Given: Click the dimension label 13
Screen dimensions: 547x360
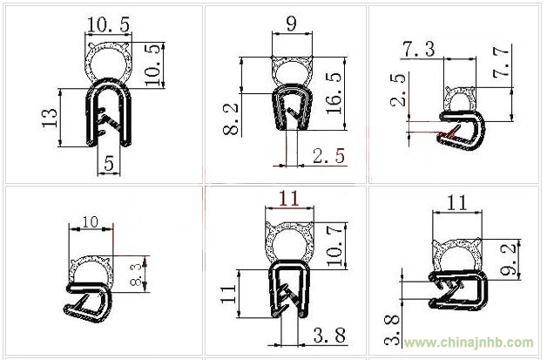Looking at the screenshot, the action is tap(49, 118).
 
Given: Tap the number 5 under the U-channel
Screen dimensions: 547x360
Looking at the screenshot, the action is tap(109, 163).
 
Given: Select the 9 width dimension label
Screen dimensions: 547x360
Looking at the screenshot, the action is tap(291, 23).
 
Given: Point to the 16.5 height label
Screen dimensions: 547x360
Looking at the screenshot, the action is tap(334, 93).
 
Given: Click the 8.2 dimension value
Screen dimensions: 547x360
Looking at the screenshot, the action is tap(231, 119).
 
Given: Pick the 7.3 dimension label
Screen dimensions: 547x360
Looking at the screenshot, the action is tap(419, 49).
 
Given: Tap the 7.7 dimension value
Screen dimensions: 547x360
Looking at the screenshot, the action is tap(501, 63).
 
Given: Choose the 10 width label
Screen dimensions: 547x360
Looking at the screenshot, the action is tap(91, 221).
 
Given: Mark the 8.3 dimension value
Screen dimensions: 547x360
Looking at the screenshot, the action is tap(136, 275).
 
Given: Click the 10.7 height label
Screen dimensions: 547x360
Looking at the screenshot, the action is tap(334, 246).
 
